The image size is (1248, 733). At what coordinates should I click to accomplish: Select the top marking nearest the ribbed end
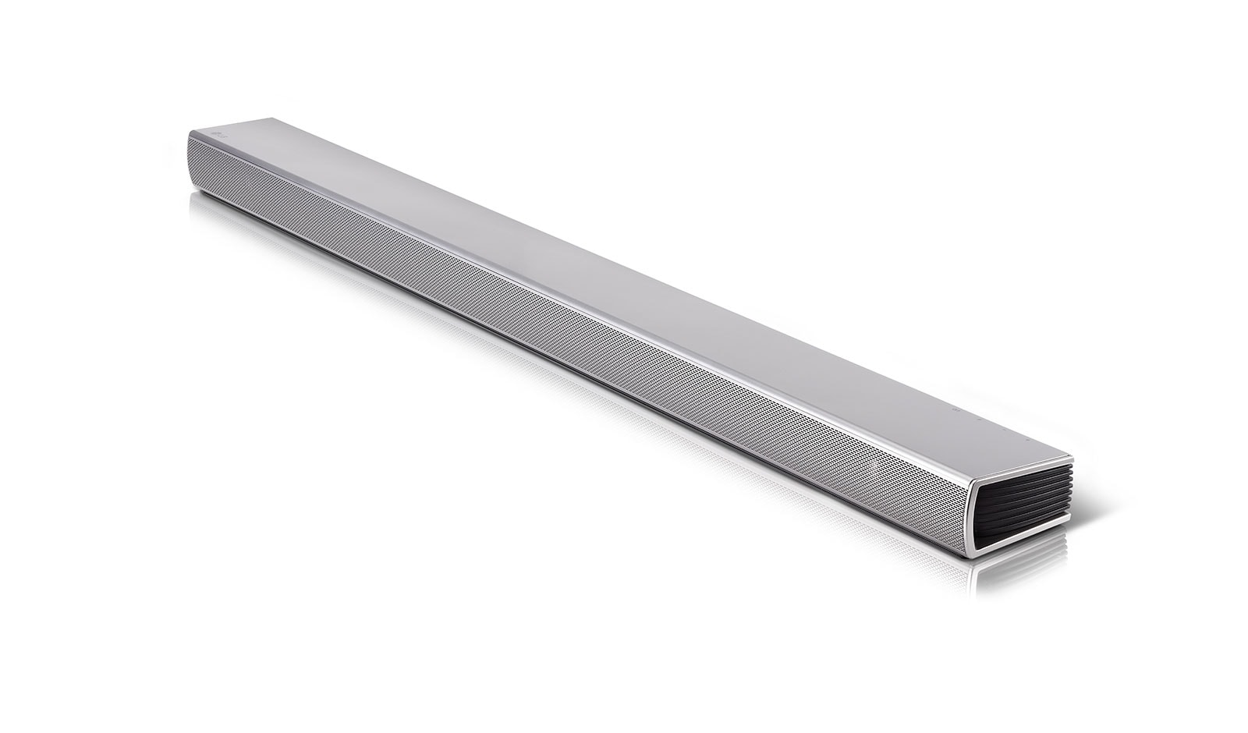(1028, 439)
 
